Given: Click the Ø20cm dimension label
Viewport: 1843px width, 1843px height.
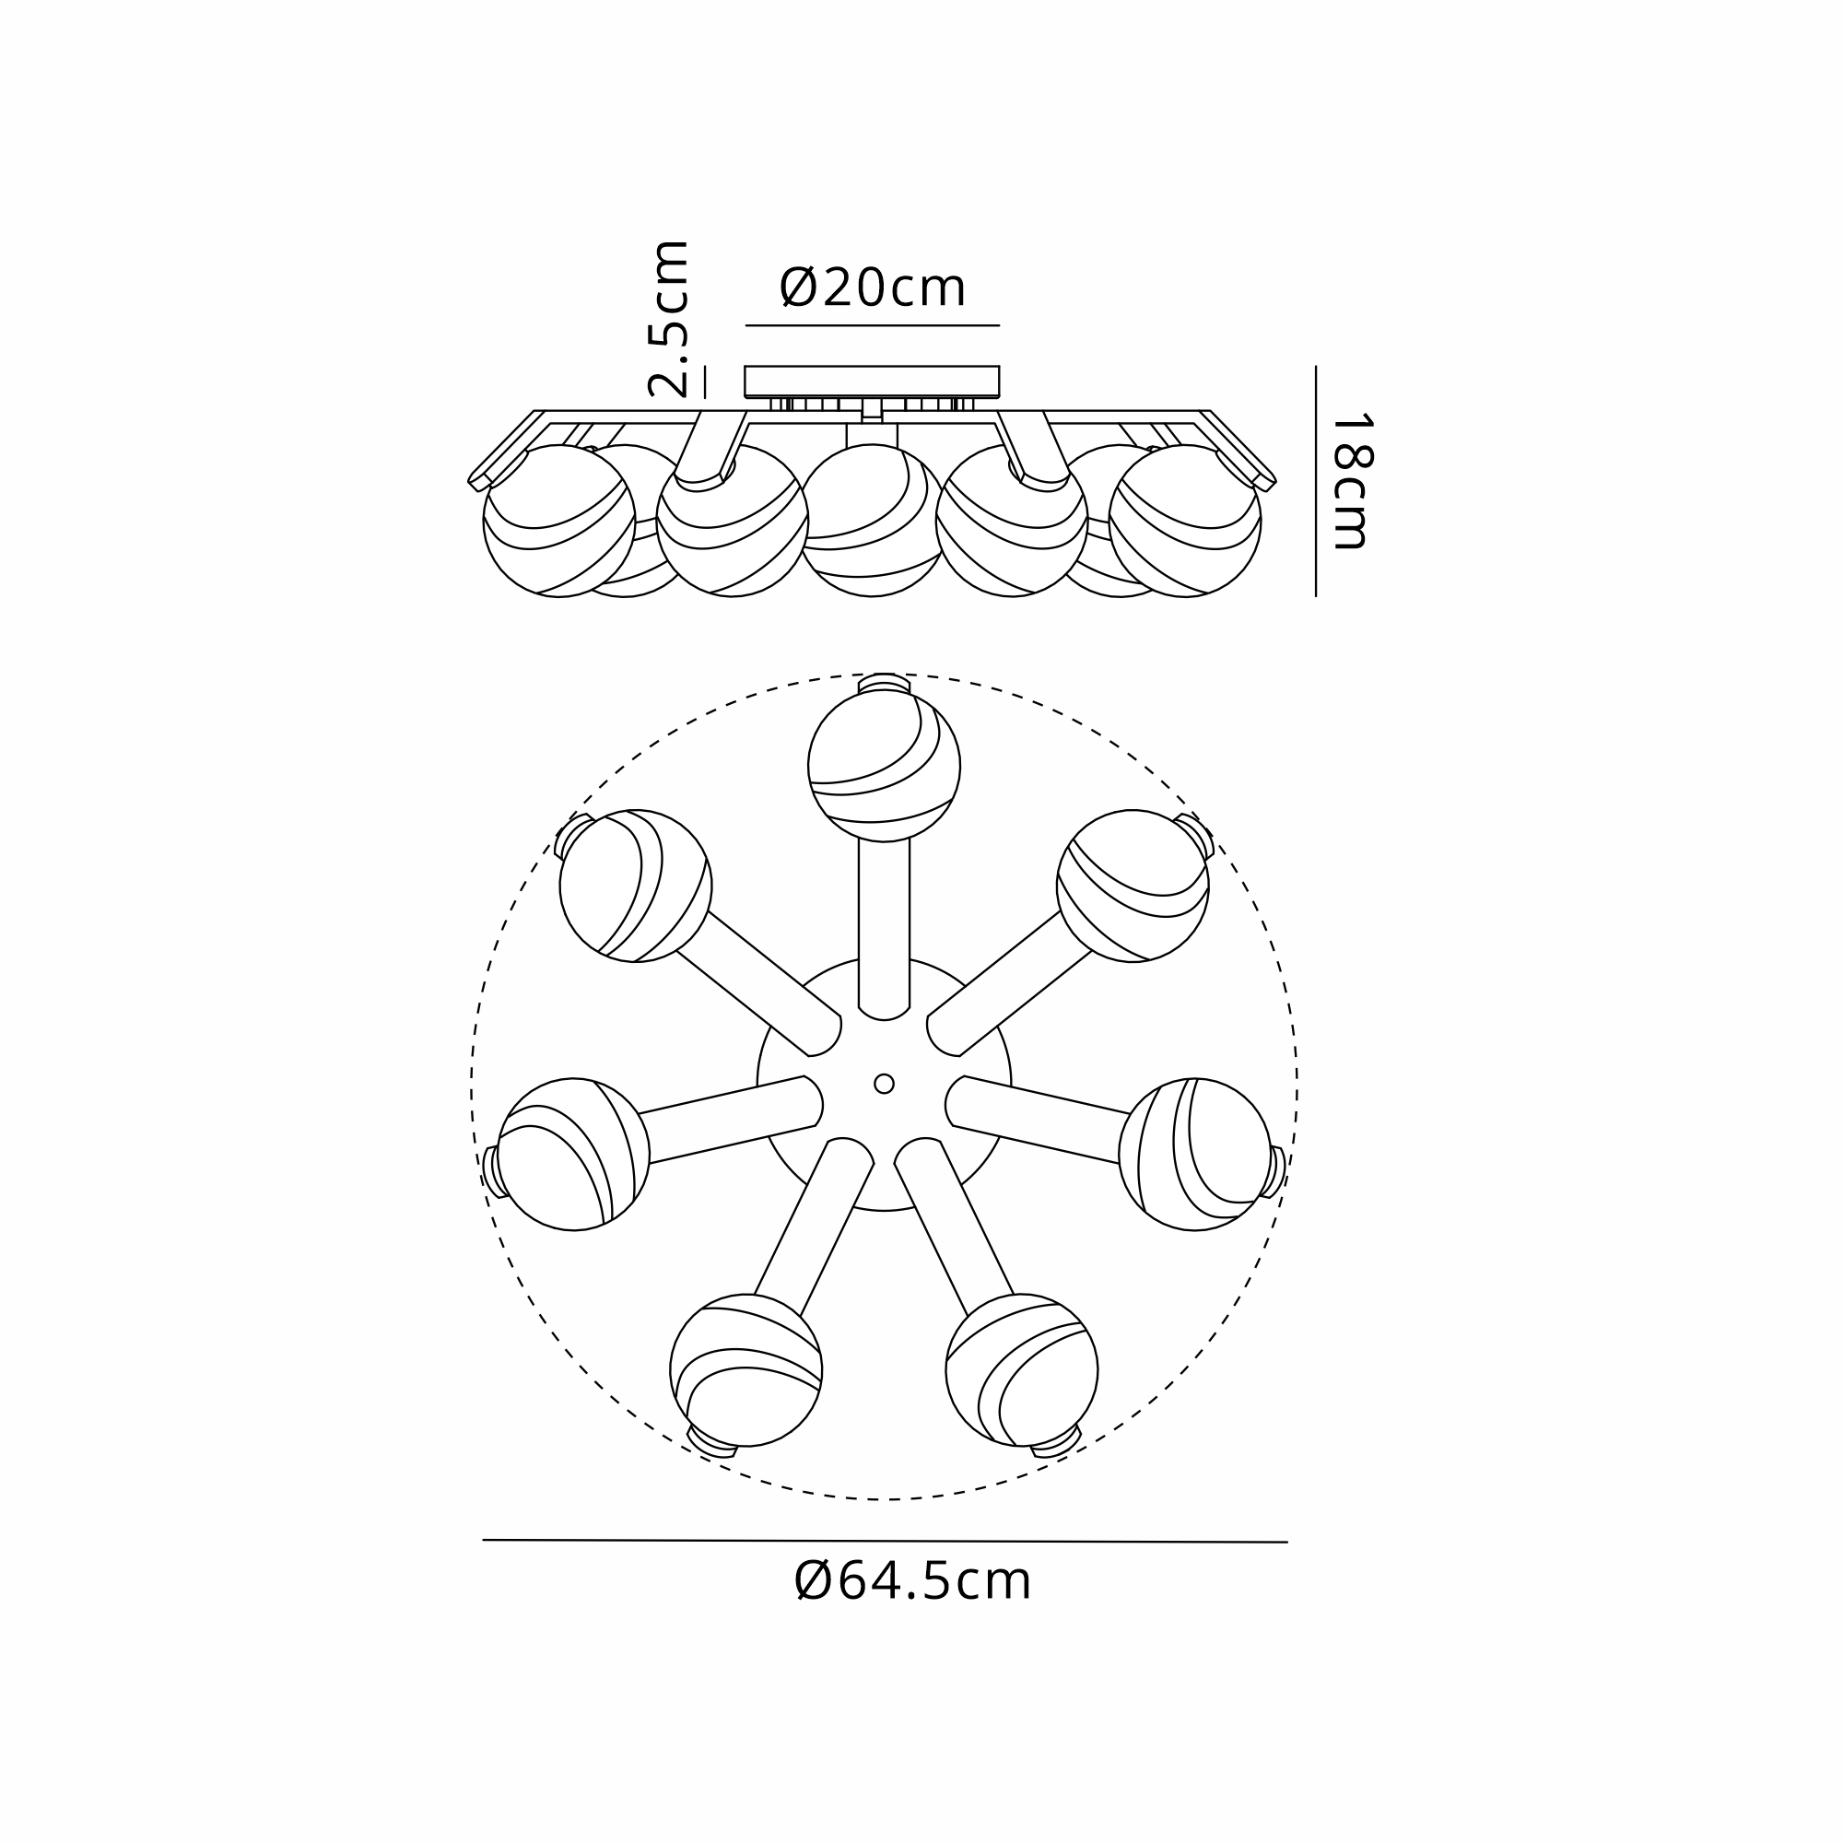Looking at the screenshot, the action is (873, 288).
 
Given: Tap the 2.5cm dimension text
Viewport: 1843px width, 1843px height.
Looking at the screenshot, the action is (668, 319).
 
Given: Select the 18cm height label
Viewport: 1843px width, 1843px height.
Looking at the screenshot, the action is (1351, 481).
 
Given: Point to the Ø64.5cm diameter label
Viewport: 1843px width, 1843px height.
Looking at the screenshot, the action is (913, 1580).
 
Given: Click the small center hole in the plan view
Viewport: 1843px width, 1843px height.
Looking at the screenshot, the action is (885, 1084).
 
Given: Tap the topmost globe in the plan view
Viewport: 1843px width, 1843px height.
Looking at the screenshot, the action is (885, 766).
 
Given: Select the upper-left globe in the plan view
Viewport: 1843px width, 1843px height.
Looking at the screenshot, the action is (635, 886).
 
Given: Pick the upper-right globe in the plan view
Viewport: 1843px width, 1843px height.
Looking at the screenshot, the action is (1133, 886).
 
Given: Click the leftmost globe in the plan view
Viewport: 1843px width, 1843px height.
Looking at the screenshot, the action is (573, 1155).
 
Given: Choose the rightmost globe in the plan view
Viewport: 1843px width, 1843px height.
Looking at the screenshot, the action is (1195, 1155).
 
